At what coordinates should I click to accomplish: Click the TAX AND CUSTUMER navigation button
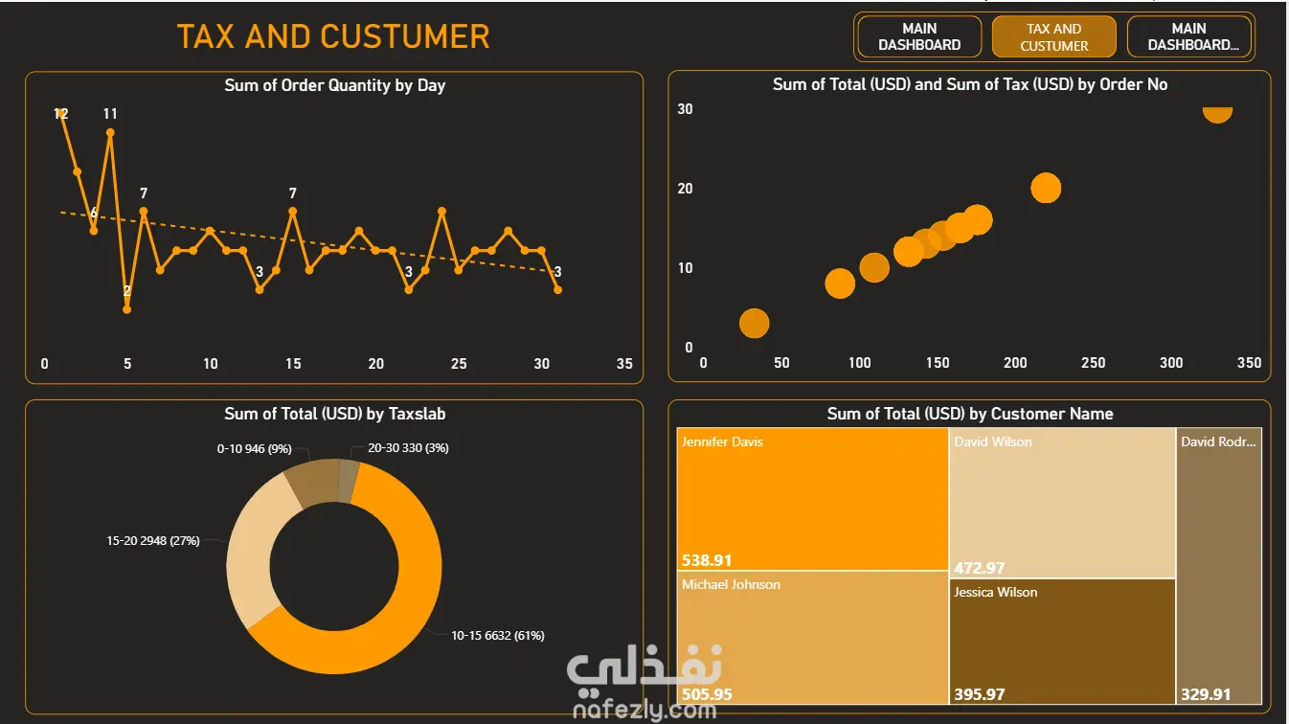[1054, 36]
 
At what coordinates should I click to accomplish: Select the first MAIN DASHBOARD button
[919, 36]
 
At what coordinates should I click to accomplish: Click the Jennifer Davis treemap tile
[812, 499]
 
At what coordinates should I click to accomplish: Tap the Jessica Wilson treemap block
[1062, 641]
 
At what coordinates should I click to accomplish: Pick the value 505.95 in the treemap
[707, 694]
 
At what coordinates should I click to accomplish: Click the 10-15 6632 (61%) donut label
[498, 635]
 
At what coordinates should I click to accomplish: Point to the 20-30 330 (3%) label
[408, 448]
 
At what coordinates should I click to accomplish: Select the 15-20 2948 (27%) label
[153, 540]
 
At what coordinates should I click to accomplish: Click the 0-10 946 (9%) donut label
[255, 448]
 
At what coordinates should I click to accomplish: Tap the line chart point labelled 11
[110, 133]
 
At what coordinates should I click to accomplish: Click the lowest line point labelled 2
[126, 309]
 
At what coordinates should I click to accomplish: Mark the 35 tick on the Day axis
[624, 364]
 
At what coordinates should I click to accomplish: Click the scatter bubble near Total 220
[1046, 188]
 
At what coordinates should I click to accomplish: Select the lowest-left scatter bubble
[754, 323]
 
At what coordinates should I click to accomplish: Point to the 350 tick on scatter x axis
[1250, 363]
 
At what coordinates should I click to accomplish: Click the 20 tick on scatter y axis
[685, 189]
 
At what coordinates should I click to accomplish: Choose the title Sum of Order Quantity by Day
[335, 85]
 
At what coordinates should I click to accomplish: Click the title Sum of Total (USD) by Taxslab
[335, 414]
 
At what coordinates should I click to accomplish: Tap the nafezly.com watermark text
[645, 711]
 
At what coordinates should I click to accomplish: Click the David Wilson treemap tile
[1062, 503]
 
